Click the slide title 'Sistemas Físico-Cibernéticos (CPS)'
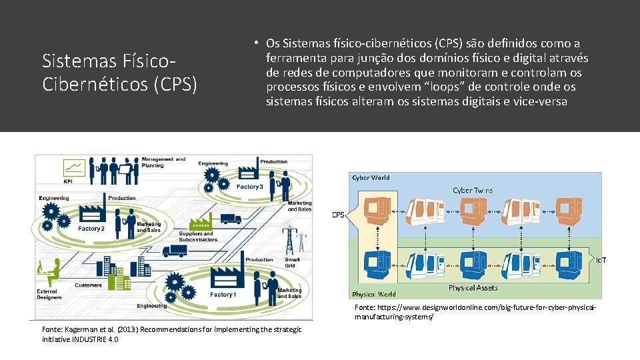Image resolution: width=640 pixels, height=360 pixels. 120,73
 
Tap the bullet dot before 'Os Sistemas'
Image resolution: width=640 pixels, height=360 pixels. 255,42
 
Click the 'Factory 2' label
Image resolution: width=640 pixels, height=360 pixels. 91,229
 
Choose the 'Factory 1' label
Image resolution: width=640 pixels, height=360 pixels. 222,295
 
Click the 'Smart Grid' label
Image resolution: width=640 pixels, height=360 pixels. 292,263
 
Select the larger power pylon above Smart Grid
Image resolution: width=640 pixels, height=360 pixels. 289,239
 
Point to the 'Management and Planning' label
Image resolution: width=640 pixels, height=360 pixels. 163,162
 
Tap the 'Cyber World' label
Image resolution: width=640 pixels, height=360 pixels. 371,178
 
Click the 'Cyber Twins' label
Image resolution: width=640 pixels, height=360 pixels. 473,191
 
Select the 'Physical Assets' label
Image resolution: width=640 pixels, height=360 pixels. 473,288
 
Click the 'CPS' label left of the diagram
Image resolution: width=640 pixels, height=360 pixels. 338,215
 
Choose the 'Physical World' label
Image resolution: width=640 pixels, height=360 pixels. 373,294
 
